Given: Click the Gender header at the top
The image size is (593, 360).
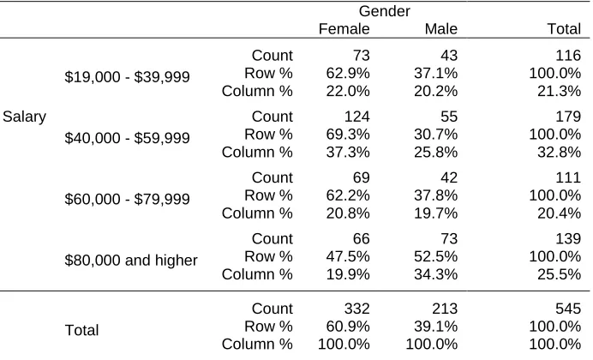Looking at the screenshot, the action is coord(384,11).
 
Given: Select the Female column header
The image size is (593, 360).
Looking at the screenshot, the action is coord(344,29).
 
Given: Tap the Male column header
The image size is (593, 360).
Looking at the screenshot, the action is coord(441,29).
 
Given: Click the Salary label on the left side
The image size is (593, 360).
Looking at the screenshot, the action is coord(25,117).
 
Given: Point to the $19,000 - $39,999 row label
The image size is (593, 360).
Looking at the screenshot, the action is coord(127,77).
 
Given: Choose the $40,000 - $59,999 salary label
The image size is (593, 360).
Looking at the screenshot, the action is coord(127,138).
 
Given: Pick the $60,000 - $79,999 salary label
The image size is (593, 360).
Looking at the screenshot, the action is coord(127,199).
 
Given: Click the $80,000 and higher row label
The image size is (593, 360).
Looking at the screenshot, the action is coord(131,261).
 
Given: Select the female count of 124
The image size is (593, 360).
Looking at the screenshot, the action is coord(357,117).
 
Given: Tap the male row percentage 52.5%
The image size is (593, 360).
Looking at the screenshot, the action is coord(435,257).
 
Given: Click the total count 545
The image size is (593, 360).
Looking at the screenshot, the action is coord(568,309).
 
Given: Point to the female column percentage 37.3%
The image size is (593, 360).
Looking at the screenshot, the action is coord(348,153).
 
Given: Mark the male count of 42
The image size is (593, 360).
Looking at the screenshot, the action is coord(449,177).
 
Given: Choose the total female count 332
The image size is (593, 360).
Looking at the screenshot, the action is coord(357,309).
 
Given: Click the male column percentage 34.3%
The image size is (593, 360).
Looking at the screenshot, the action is coord(435,274).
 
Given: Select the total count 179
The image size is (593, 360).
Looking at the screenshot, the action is coord(568,117).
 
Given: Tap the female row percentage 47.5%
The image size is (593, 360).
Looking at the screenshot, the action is coord(348,257).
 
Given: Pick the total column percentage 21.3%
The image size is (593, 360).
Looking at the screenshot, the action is coord(560,92).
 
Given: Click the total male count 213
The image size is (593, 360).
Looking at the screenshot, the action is coord(445,309).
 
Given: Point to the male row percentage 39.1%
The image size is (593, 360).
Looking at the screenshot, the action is coord(435,327).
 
